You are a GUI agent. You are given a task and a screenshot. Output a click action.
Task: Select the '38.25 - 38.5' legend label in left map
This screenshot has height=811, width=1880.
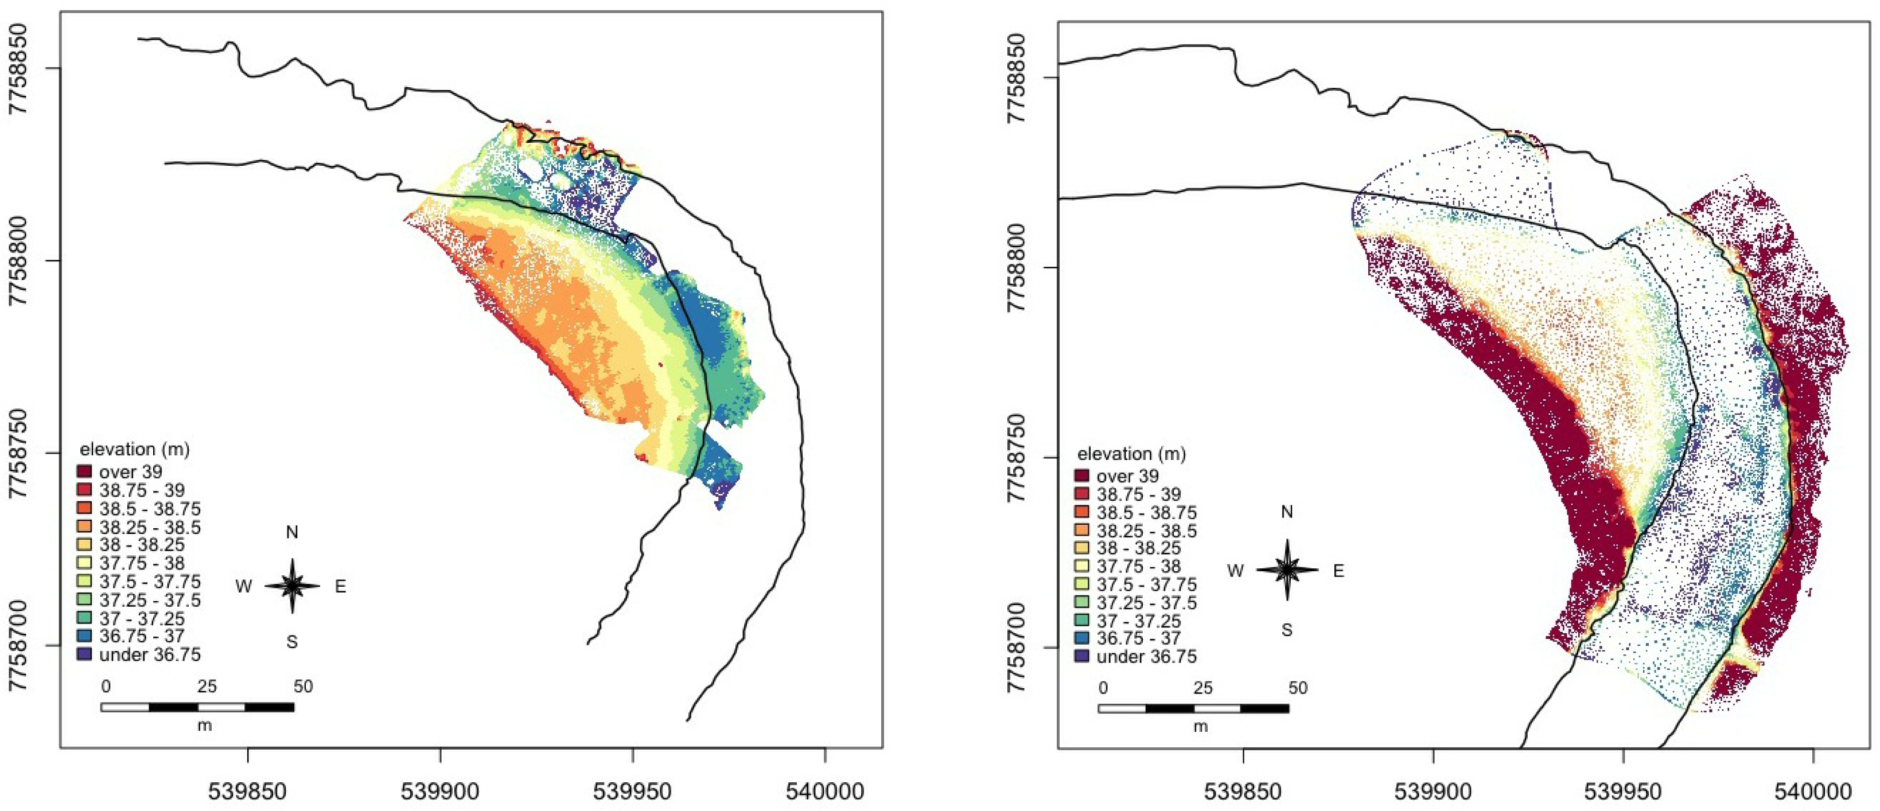pyautogui.click(x=150, y=527)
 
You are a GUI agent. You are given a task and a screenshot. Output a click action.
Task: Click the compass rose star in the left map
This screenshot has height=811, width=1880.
pyautogui.click(x=292, y=586)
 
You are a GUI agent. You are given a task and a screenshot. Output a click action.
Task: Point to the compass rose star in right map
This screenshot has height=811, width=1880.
pyautogui.click(x=1287, y=570)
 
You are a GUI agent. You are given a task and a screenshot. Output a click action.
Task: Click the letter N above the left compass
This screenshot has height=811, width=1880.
pyautogui.click(x=292, y=532)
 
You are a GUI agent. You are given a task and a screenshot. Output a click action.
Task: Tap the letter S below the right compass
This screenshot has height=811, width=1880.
pyautogui.click(x=1287, y=629)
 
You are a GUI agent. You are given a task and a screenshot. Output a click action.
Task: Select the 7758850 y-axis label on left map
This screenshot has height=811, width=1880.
pyautogui.click(x=21, y=69)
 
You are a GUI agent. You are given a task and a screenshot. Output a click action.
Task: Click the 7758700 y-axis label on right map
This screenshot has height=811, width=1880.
pyautogui.click(x=1017, y=647)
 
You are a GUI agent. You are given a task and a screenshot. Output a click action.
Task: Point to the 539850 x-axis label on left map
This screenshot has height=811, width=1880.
pyautogui.click(x=248, y=792)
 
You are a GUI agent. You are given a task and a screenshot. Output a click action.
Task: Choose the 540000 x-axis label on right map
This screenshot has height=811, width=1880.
pyautogui.click(x=1813, y=792)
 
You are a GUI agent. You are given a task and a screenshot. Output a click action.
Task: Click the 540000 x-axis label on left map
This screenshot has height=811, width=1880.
pyautogui.click(x=826, y=792)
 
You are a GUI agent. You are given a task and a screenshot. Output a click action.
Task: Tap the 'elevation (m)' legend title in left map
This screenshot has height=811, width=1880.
pyautogui.click(x=138, y=449)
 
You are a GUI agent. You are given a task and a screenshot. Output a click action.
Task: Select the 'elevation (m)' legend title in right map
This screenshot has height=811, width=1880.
pyautogui.click(x=1132, y=454)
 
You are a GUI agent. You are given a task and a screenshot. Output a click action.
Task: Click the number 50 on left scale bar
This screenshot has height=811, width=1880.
pyautogui.click(x=303, y=687)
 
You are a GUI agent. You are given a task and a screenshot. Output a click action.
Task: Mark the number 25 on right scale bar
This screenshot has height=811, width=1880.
pyautogui.click(x=1202, y=688)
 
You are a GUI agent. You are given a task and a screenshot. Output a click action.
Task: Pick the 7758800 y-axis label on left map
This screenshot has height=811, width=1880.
pyautogui.click(x=21, y=260)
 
